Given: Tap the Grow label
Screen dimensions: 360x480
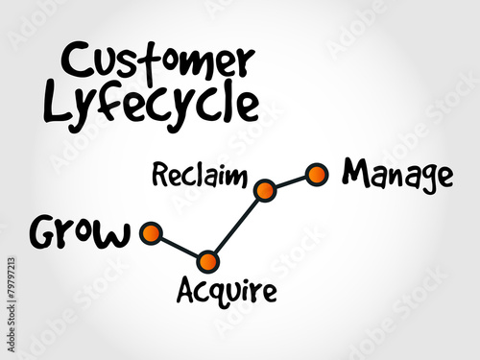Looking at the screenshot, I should click(x=80, y=233).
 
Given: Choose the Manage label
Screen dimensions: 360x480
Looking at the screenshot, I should click(x=396, y=174).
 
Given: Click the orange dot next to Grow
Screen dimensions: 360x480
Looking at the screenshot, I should click(x=150, y=232).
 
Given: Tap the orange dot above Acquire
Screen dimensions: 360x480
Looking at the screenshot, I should click(x=207, y=260).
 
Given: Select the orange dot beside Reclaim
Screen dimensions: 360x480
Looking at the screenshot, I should click(x=265, y=190).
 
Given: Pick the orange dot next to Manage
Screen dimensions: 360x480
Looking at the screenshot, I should click(x=316, y=174).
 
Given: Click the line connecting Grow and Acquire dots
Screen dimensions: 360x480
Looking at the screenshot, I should click(x=179, y=247).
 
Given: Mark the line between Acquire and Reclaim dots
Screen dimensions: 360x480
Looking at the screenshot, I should click(x=236, y=226).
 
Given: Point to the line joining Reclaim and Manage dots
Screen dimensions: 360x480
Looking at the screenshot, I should click(x=290, y=182).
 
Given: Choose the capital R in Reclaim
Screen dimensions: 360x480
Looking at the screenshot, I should click(x=159, y=175).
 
